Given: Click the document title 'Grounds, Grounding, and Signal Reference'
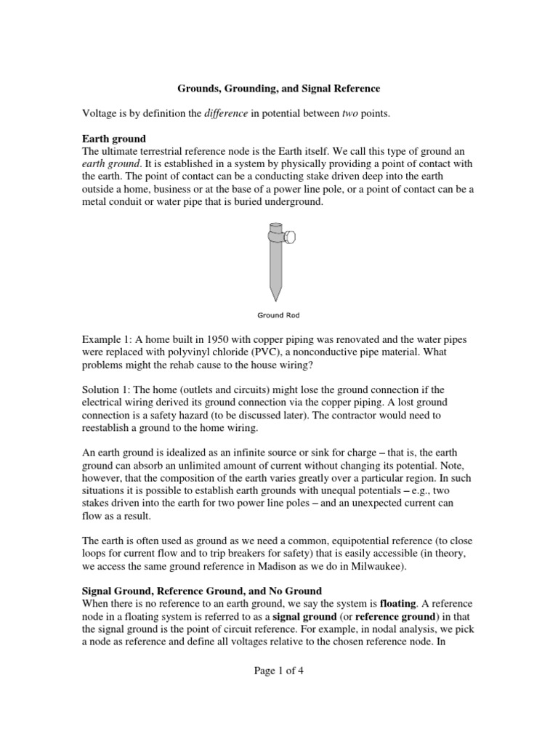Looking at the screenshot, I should (x=279, y=89).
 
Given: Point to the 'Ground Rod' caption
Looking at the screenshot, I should (x=278, y=315).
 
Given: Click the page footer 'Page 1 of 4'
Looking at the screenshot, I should (x=278, y=671).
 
